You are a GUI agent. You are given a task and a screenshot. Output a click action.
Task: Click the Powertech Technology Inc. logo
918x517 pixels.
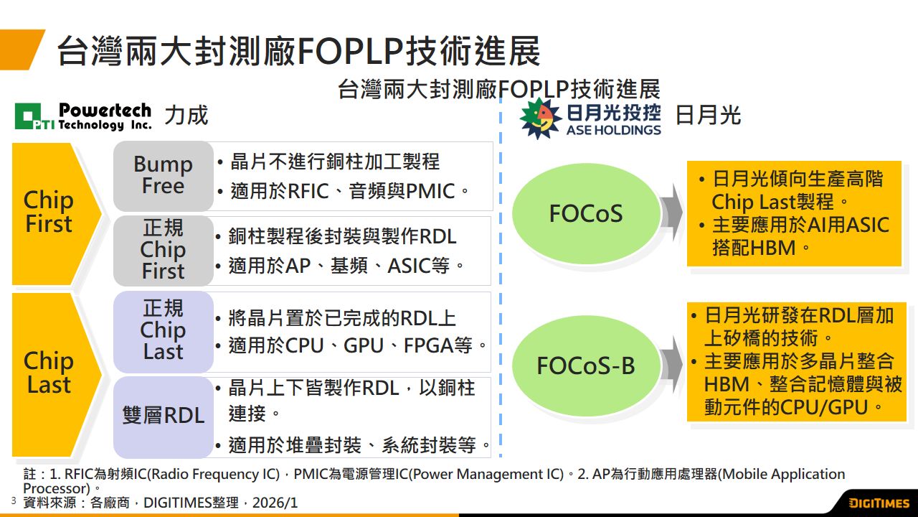(83, 116)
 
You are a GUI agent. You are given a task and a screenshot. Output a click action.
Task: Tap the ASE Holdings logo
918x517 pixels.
(591, 118)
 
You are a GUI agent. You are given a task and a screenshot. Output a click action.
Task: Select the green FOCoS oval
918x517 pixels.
(586, 213)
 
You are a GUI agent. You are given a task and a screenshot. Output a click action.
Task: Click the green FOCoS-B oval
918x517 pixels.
(586, 365)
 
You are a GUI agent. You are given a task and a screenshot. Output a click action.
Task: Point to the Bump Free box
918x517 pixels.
(163, 174)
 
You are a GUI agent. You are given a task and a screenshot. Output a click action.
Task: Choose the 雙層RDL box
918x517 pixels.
(163, 416)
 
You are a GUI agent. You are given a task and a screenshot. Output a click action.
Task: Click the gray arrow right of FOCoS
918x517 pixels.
(672, 213)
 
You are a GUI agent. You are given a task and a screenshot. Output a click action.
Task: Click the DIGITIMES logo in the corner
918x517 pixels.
(879, 503)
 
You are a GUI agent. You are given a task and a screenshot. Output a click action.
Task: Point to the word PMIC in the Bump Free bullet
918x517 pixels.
(431, 192)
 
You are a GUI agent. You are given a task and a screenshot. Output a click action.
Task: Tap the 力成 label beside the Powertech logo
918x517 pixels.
(186, 115)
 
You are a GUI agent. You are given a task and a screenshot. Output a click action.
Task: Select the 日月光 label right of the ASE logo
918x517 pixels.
(708, 115)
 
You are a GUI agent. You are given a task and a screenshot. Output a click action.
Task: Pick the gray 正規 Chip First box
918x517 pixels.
(163, 250)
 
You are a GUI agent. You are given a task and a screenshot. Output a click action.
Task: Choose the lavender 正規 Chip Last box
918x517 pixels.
(163, 330)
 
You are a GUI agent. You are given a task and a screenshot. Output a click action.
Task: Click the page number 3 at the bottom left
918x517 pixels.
(13, 500)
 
